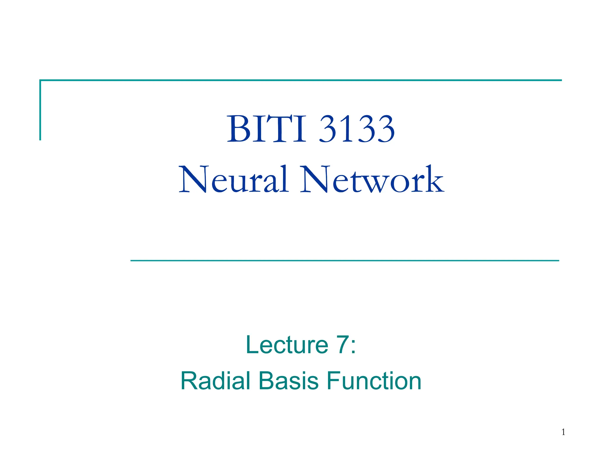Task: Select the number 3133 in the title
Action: pos(357,129)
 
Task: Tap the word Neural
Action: pos(233,180)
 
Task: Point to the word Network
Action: pos(372,180)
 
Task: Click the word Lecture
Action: pos(287,345)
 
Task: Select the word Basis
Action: pos(288,381)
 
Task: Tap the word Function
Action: pos(374,381)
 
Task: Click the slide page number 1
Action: pos(563,432)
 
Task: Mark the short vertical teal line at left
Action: pos(40,110)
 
